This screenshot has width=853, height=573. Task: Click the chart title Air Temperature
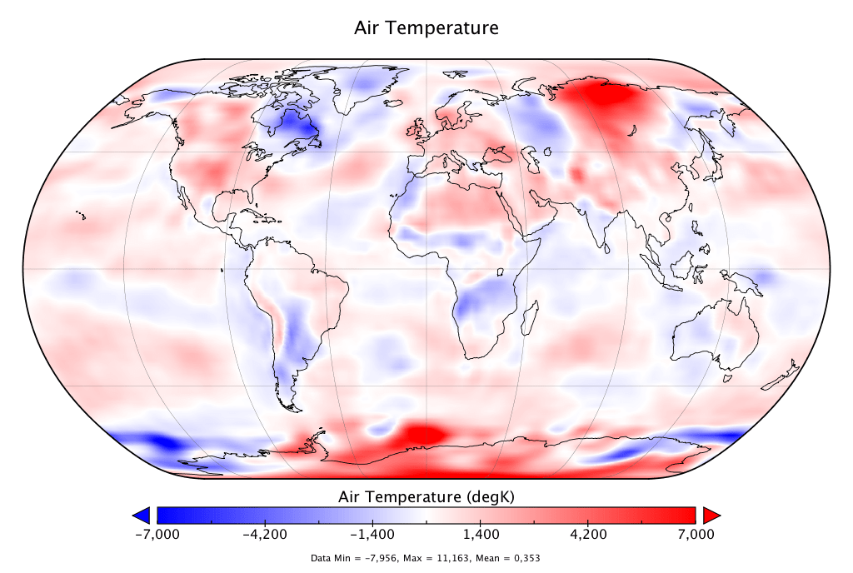(x=426, y=28)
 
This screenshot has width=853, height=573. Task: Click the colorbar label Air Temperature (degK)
(x=426, y=497)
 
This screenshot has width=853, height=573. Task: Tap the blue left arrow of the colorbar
(x=141, y=514)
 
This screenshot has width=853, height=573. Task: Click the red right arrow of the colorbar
(x=711, y=514)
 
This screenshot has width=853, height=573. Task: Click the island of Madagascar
(x=528, y=315)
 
